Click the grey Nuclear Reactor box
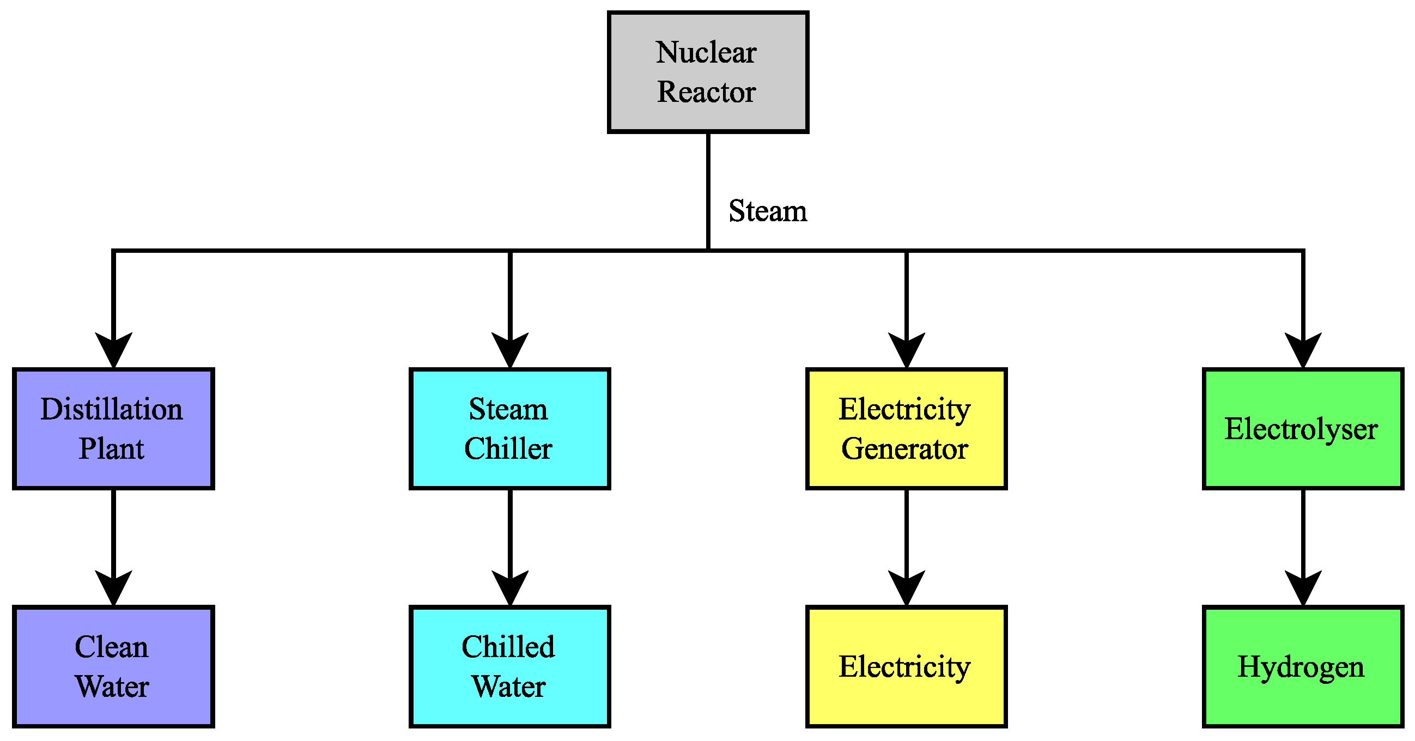pos(707,72)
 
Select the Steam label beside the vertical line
pos(767,211)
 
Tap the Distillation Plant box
pos(113,428)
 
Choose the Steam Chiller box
pos(510,428)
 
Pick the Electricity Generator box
pos(906,428)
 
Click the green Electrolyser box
pos(1302,428)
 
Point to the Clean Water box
pos(113,666)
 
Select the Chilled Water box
pos(510,666)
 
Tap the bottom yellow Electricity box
pos(906,666)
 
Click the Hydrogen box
pos(1302,666)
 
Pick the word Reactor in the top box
pos(706,92)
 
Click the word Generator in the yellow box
pos(904,449)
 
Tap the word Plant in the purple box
pos(112,449)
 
